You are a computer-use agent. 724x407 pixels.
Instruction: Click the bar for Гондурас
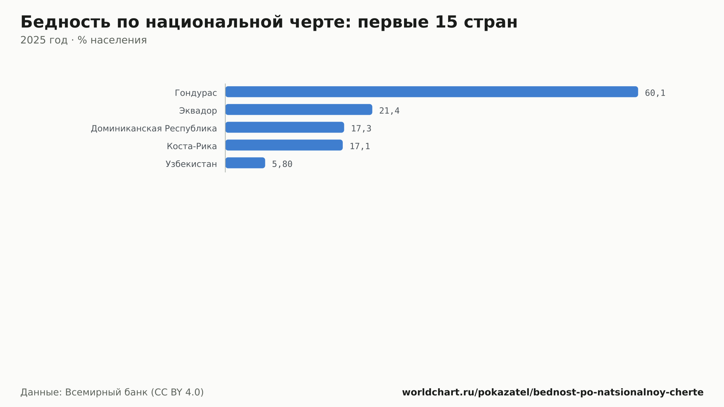click(x=432, y=92)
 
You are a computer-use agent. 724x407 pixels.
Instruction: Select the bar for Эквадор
click(x=299, y=109)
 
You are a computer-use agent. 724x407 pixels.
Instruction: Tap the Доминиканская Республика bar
click(x=285, y=127)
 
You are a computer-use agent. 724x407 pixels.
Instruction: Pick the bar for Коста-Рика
click(x=284, y=145)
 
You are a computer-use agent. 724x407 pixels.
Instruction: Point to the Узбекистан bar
click(x=245, y=163)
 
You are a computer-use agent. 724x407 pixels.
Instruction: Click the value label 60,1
click(x=655, y=93)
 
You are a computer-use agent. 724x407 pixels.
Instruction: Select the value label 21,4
click(x=389, y=111)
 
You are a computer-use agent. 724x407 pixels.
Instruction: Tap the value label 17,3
click(x=361, y=129)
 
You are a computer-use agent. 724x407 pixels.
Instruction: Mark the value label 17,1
click(x=359, y=146)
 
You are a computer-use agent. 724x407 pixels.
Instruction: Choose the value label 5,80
click(x=282, y=164)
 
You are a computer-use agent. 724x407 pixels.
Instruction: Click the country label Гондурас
click(x=196, y=93)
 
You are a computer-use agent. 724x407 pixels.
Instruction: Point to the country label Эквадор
click(x=198, y=111)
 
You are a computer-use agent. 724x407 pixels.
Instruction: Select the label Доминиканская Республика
click(x=154, y=129)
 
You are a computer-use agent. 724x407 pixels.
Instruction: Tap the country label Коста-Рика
click(x=192, y=146)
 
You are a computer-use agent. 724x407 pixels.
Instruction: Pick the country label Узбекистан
click(x=191, y=164)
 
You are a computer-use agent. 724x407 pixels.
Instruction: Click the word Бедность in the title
click(x=66, y=22)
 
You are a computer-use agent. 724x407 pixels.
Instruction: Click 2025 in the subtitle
click(x=33, y=40)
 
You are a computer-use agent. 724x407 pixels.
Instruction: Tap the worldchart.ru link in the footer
click(x=553, y=392)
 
